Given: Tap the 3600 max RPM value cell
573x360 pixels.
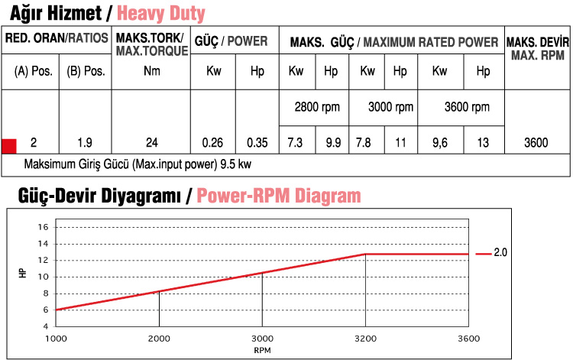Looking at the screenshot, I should (x=537, y=143).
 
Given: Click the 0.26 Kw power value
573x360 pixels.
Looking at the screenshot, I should (x=212, y=143).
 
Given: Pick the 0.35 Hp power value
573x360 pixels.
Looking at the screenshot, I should (x=257, y=143).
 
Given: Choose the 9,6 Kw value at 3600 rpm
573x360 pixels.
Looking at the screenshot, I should (x=440, y=143).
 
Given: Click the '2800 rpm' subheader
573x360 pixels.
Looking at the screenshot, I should (x=317, y=107).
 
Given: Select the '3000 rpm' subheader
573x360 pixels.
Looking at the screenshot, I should (x=390, y=107).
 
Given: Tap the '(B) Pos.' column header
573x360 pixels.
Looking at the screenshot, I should (x=86, y=72).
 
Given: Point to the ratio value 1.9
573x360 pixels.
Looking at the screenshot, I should (x=86, y=143).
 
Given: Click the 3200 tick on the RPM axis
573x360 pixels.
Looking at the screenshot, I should (x=365, y=338).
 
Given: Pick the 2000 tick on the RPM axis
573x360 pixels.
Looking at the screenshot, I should (x=159, y=338).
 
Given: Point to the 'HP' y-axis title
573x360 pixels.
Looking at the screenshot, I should (x=21, y=273).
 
